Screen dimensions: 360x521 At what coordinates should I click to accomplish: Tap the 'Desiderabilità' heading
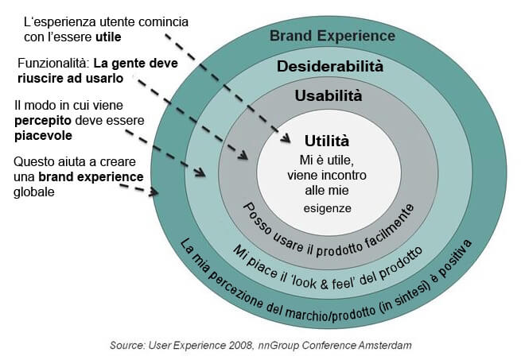pos(330,66)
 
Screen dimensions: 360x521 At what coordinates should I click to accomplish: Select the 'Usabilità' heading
pos(329,96)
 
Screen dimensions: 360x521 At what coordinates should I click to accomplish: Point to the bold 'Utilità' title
pos(327,141)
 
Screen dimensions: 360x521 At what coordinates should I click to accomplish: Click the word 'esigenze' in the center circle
pos(327,208)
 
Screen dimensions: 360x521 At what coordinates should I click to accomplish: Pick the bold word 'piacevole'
pos(42,135)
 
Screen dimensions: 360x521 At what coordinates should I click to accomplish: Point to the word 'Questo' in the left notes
pos(34,162)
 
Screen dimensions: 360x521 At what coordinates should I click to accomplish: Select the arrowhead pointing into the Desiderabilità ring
pos(203,172)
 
